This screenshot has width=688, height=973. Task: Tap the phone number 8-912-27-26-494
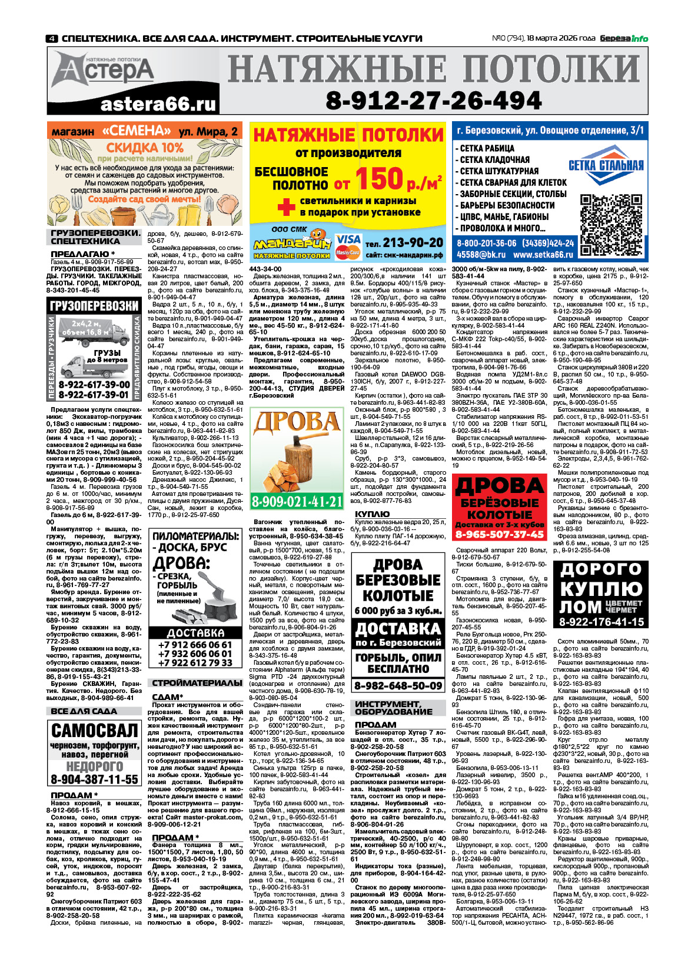[x=434, y=101]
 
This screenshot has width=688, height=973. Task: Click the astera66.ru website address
[x=158, y=105]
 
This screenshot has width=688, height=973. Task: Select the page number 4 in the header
[x=52, y=39]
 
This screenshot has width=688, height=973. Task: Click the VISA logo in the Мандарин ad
[x=348, y=240]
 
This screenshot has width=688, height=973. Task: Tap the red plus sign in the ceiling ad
[x=286, y=206]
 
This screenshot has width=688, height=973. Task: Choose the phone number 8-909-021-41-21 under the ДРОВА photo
[x=297, y=502]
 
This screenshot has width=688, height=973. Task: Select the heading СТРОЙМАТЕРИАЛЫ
[x=197, y=683]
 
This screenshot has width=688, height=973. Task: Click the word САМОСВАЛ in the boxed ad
[x=95, y=731]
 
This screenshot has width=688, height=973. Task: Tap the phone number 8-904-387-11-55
[x=95, y=779]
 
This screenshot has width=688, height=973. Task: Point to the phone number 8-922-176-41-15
[x=601, y=622]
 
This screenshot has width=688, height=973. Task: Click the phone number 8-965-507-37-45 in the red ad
[x=499, y=535]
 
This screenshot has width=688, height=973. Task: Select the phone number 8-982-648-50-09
[x=398, y=686]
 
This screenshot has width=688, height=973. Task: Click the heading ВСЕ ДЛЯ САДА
[x=84, y=711]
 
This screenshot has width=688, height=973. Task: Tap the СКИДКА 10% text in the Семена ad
[x=145, y=148]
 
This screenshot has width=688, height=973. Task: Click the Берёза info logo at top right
[x=624, y=39]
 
